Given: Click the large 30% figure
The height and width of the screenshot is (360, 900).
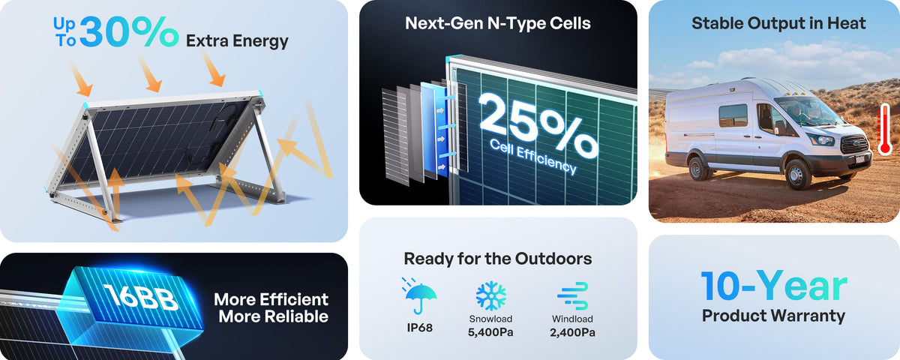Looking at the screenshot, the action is tap(129, 31).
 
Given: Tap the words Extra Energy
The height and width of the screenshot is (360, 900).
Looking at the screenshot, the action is tap(237, 41).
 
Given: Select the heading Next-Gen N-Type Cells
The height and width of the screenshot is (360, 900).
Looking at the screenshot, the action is tap(498, 23).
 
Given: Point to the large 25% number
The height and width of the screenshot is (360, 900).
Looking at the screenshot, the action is tap(538, 125).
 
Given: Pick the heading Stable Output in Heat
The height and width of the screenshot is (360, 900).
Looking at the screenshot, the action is tap(778, 23).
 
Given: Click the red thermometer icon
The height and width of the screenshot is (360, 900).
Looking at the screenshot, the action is tap(884, 129).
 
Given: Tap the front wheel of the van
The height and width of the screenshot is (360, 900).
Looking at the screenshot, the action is tap(798, 174).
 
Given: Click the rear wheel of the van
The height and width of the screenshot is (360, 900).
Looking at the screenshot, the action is tap(698, 168).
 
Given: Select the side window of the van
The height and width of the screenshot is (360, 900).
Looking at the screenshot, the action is tap(733, 115).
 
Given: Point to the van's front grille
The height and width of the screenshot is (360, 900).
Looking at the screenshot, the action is tap(854, 144).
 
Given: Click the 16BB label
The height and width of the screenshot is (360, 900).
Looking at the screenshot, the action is tap(141, 297).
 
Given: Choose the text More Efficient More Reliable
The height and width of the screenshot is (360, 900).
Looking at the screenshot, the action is tap(271, 308).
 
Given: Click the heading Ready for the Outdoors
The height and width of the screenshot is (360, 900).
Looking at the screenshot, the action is tap(498, 259).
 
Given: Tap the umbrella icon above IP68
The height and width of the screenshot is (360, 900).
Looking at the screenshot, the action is tap(420, 295).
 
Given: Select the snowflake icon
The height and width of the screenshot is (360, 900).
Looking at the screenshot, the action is tap(491, 296).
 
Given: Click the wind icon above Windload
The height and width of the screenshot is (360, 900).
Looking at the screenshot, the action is tap(573, 296).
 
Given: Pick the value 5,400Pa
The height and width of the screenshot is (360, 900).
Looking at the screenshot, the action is tap(490, 333).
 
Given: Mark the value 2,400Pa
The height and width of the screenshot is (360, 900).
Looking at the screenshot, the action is tap(572, 333).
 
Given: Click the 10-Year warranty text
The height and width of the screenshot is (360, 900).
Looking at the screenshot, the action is tap(774, 286).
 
